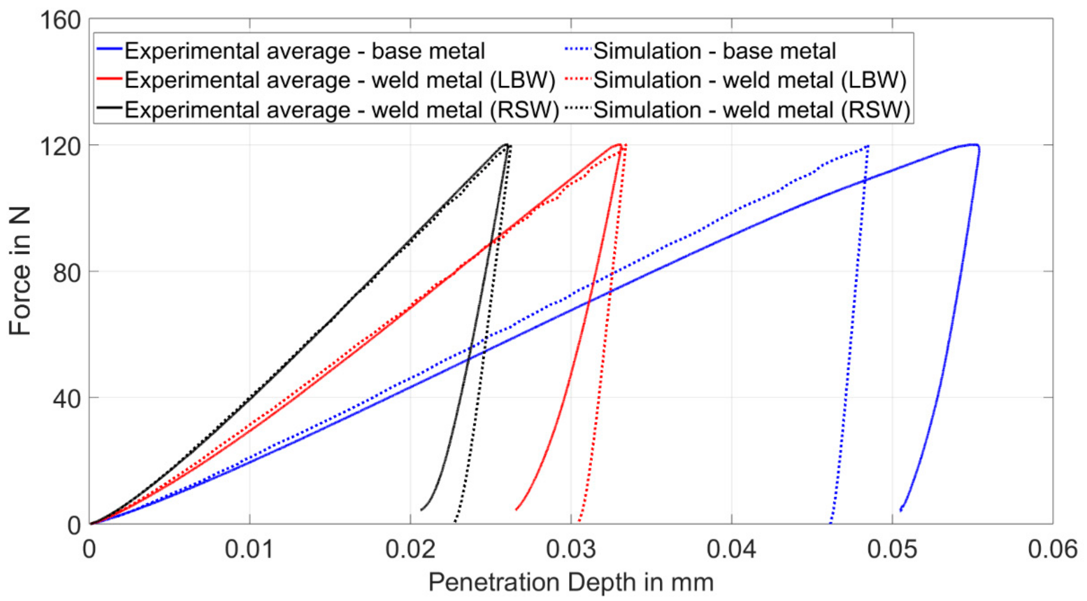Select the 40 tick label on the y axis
(x=67, y=399)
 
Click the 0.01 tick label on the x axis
(x=249, y=549)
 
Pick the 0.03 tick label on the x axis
(x=570, y=549)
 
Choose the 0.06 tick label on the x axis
(x=1052, y=549)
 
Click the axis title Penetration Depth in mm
(x=570, y=582)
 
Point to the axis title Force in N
(x=20, y=271)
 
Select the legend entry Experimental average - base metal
(x=304, y=51)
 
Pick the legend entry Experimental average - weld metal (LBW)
(x=340, y=80)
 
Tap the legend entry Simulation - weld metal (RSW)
(x=752, y=110)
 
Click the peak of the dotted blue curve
(x=868, y=146)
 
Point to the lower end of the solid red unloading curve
(x=517, y=509)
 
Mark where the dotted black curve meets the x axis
(x=454, y=523)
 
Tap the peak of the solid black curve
(x=505, y=145)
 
